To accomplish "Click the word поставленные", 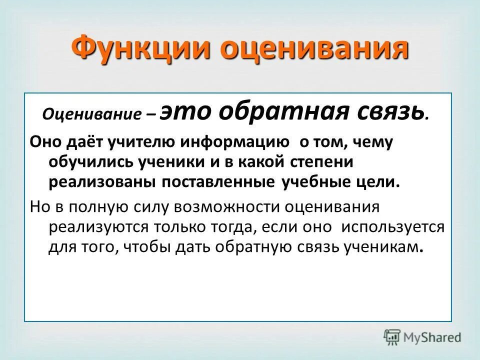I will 217,182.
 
